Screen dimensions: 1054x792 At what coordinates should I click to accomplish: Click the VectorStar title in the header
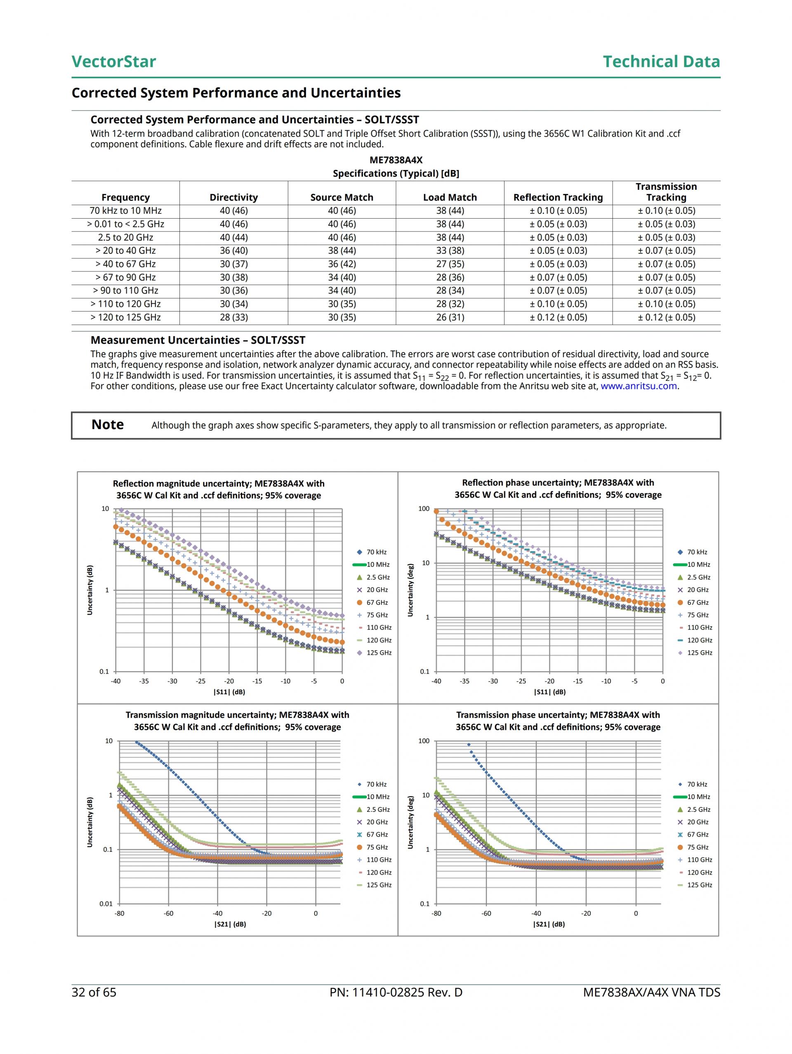pyautogui.click(x=113, y=61)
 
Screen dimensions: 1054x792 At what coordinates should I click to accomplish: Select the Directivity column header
pyautogui.click(x=233, y=197)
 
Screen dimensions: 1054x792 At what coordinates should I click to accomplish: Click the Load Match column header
pyautogui.click(x=450, y=197)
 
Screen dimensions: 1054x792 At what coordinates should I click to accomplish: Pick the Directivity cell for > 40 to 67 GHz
pyautogui.click(x=233, y=264)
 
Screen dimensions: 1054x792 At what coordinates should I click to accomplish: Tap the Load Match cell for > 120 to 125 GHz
pyautogui.click(x=450, y=317)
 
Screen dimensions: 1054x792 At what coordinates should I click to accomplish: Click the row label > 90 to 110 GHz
pyautogui.click(x=125, y=291)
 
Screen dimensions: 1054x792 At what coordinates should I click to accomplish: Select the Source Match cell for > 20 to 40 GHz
pyautogui.click(x=342, y=251)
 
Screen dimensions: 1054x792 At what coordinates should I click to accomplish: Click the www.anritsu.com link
pyautogui.click(x=639, y=386)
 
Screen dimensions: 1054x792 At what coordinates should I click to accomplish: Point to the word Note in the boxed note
pyautogui.click(x=108, y=424)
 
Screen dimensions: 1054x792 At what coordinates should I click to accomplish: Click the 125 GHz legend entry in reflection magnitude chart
pyautogui.click(x=379, y=653)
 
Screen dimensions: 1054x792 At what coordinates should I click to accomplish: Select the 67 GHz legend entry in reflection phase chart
pyautogui.click(x=697, y=603)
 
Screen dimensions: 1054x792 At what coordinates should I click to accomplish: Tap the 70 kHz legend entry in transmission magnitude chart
pyautogui.click(x=376, y=784)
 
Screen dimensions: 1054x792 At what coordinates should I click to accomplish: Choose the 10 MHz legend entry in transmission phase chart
pyautogui.click(x=698, y=797)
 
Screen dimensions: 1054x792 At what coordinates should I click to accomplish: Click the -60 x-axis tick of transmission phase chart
pyautogui.click(x=486, y=913)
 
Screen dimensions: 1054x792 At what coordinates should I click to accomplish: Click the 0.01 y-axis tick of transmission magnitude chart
pyautogui.click(x=106, y=904)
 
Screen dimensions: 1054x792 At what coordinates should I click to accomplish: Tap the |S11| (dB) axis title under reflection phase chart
pyautogui.click(x=549, y=692)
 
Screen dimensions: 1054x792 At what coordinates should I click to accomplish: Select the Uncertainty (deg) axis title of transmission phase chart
pyautogui.click(x=410, y=823)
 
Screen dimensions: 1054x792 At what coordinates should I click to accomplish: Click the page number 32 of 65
pyautogui.click(x=94, y=992)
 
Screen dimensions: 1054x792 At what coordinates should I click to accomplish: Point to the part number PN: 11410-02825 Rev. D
pyautogui.click(x=396, y=992)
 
